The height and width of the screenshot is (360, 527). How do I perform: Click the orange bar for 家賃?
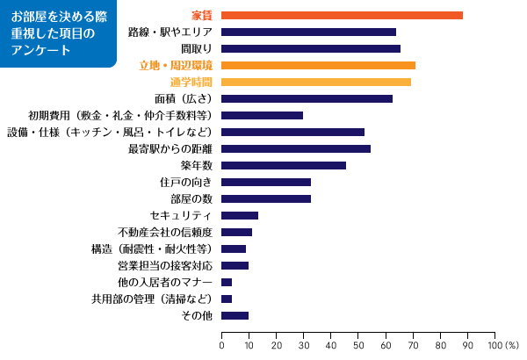tap(342, 15)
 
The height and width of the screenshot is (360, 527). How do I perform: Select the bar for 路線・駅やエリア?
tap(308, 32)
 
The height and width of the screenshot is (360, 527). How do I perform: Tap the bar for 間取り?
tap(311, 48)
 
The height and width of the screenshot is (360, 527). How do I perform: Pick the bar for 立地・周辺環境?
tap(318, 65)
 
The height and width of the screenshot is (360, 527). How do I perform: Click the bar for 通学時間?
tap(316, 82)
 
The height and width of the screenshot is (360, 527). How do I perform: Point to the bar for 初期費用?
tap(262, 115)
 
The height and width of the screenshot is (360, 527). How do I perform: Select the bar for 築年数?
tap(284, 165)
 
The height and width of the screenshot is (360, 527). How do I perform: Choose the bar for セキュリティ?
tap(240, 215)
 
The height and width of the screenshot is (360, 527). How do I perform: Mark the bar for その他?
tap(235, 315)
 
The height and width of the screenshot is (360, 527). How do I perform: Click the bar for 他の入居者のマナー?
tap(227, 282)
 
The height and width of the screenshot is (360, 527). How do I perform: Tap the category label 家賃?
tap(202, 15)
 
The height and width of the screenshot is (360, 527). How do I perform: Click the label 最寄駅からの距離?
tap(170, 148)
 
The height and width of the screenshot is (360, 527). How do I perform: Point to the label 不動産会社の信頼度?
tap(165, 232)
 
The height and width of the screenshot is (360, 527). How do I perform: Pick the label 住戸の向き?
tap(186, 182)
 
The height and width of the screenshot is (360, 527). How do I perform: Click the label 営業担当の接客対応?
tap(165, 265)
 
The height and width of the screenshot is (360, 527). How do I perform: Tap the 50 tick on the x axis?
tap(358, 345)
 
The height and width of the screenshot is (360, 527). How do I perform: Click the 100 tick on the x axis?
tap(496, 345)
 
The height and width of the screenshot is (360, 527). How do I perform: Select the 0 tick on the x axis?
tap(221, 345)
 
